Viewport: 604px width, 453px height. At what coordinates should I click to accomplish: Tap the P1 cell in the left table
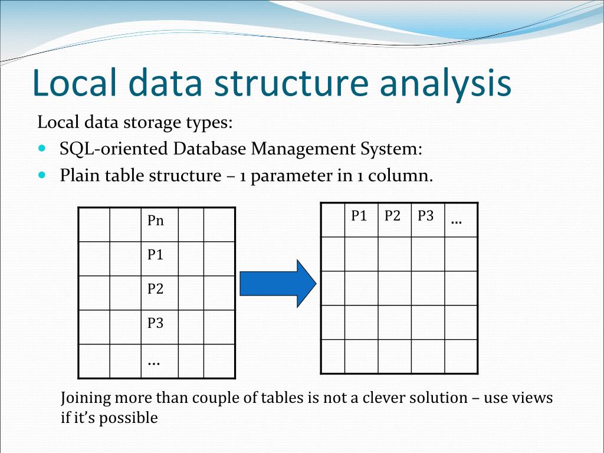coord(159,258)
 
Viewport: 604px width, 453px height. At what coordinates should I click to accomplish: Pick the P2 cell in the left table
coord(159,293)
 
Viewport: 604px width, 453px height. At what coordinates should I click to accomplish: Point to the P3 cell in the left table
coord(159,327)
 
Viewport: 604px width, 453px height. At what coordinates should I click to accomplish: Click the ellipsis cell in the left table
coord(159,361)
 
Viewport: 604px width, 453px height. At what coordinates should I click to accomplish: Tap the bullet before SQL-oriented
coord(41,149)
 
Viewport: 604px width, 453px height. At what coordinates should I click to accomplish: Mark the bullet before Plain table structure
coord(41,175)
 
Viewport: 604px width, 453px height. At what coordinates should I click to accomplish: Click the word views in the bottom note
coord(534,398)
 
